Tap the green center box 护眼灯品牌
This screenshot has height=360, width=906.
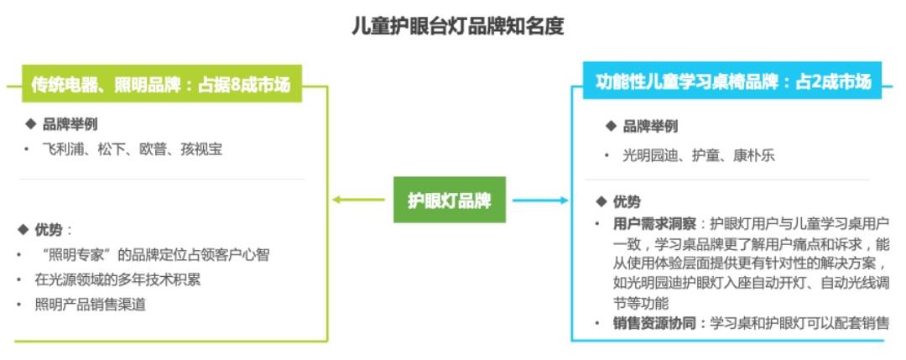[450, 201]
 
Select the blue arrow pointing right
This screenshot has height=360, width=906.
[541, 201]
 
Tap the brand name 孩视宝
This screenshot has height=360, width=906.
[201, 149]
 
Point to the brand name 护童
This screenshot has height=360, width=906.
[709, 156]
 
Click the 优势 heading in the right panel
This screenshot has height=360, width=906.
[626, 201]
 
